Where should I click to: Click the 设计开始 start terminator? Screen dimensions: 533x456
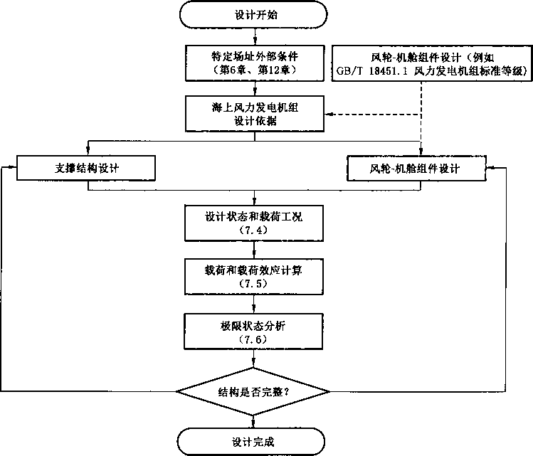[x=253, y=15]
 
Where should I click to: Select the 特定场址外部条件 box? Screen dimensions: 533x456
[x=255, y=63]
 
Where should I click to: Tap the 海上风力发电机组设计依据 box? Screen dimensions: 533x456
[x=255, y=114]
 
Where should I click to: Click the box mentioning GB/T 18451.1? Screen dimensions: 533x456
[x=432, y=63]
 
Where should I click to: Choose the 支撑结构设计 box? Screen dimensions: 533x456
[x=86, y=168]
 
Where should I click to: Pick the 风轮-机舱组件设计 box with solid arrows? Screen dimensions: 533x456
[x=416, y=168]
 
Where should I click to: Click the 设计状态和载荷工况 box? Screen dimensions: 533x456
[x=254, y=223]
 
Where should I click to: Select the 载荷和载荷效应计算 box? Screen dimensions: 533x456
[x=254, y=277]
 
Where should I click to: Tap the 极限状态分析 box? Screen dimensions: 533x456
[x=253, y=332]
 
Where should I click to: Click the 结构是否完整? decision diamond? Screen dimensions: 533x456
[x=253, y=392]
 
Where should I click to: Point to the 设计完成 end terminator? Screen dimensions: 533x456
[x=251, y=442]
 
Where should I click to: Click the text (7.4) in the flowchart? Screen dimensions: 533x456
[x=253, y=230]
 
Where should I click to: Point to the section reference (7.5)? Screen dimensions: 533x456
[x=253, y=284]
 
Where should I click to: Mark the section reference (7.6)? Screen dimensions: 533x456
[x=253, y=339]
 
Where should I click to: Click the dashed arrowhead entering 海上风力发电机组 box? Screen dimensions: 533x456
[x=328, y=114]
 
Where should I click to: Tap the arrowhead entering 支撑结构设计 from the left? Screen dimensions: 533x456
[x=13, y=167]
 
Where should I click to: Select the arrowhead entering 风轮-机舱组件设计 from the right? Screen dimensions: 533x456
[x=490, y=167]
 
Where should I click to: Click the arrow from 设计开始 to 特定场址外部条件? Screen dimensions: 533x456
[x=255, y=37]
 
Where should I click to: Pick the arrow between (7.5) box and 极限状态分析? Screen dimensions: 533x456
[x=254, y=304]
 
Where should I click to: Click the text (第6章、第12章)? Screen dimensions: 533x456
[x=255, y=70]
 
